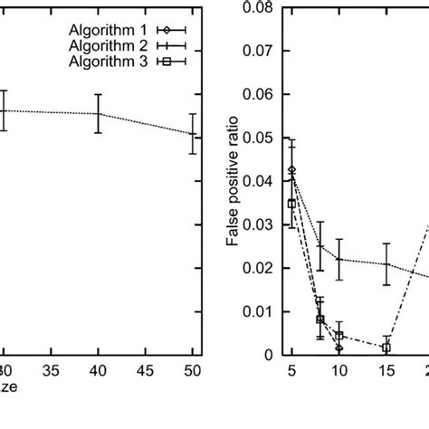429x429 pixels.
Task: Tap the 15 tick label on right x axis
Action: (386, 372)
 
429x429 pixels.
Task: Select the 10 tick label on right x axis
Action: (338, 372)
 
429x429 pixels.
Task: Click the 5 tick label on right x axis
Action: (291, 372)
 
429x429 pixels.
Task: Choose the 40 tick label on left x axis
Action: (98, 372)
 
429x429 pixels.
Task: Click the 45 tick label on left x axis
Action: (145, 372)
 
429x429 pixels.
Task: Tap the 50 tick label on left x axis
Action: (192, 372)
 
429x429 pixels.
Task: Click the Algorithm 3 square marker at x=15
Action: (386, 348)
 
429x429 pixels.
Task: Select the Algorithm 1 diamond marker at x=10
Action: (338, 348)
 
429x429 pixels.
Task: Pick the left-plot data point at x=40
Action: (98, 114)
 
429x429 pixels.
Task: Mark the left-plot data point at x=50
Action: (192, 134)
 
